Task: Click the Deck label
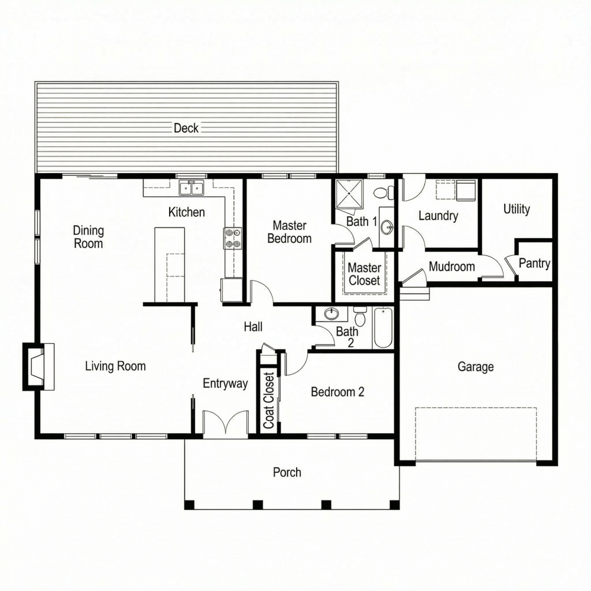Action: pyautogui.click(x=186, y=128)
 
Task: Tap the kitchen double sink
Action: pyautogui.click(x=192, y=189)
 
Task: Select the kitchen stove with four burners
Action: pyautogui.click(x=232, y=238)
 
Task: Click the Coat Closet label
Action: pyautogui.click(x=269, y=400)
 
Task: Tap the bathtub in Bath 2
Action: pyautogui.click(x=383, y=328)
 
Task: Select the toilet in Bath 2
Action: pyautogui.click(x=360, y=317)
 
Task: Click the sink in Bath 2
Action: pyautogui.click(x=332, y=314)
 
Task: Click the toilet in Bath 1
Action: pyautogui.click(x=384, y=193)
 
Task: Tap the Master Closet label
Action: pyautogui.click(x=364, y=274)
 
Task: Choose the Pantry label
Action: pyautogui.click(x=534, y=264)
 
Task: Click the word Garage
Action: pyautogui.click(x=475, y=367)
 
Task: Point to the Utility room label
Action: pyautogui.click(x=517, y=209)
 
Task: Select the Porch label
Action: pyautogui.click(x=287, y=472)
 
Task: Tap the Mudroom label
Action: pyautogui.click(x=452, y=267)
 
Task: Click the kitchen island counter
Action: pyautogui.click(x=170, y=264)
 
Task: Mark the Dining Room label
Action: pyautogui.click(x=88, y=236)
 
